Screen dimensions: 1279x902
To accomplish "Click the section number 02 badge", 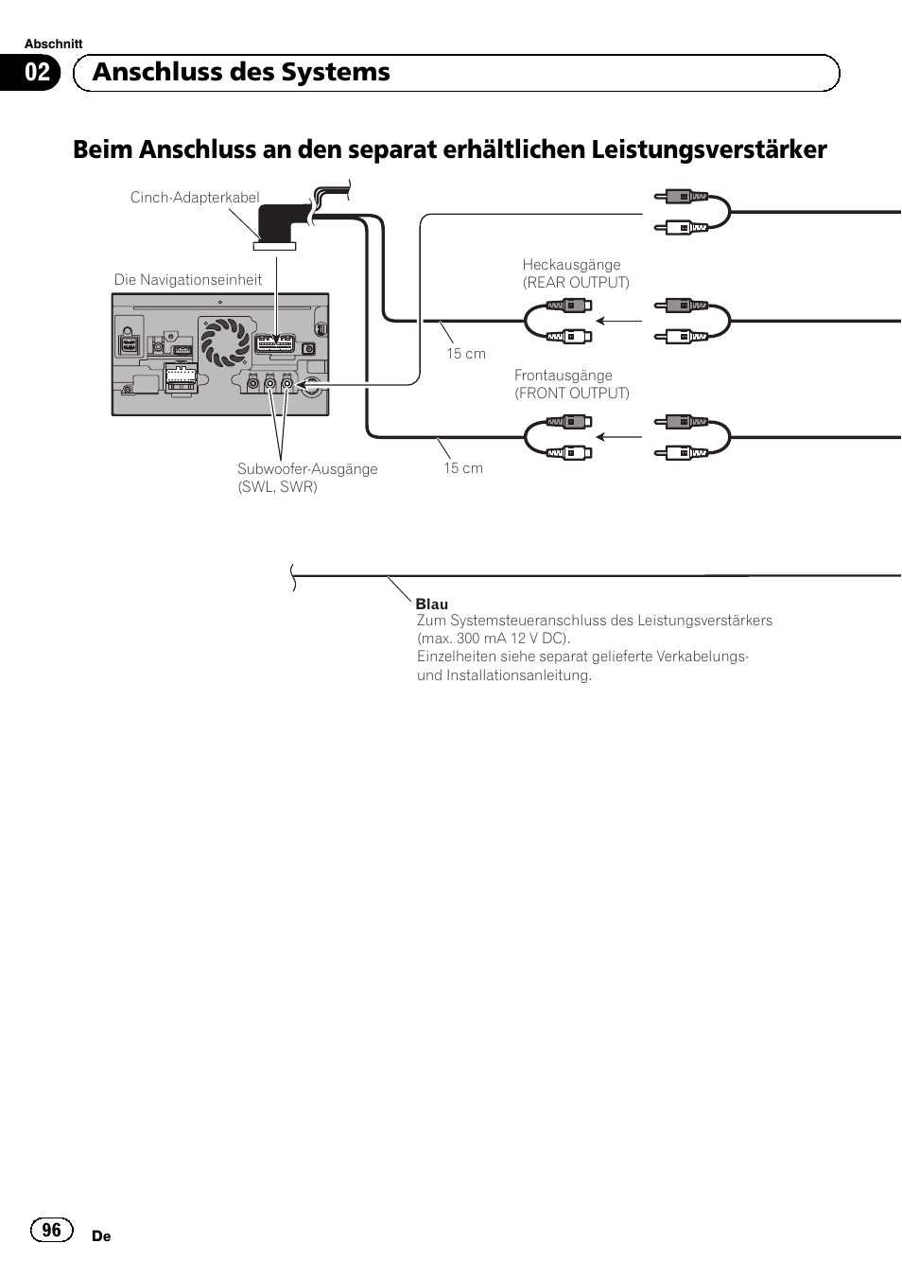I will click(x=36, y=73).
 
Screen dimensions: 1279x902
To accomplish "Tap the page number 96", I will click(x=51, y=1229).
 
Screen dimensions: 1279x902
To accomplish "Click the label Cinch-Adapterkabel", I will click(x=195, y=198).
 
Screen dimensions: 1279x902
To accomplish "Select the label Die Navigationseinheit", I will click(x=188, y=280).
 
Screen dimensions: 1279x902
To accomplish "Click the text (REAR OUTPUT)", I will click(x=576, y=283).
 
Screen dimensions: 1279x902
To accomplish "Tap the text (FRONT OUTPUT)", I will click(x=572, y=394).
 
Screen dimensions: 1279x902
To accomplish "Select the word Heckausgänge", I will click(x=571, y=265).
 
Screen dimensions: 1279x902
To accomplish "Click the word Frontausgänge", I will click(x=564, y=376).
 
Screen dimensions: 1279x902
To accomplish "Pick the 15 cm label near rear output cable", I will click(x=466, y=354).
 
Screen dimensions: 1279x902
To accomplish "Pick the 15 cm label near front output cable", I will click(x=463, y=468).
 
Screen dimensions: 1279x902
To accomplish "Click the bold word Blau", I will click(x=432, y=604).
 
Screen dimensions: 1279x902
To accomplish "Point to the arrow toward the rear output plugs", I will click(x=619, y=322).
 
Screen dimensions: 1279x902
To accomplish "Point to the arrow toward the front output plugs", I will click(x=619, y=437).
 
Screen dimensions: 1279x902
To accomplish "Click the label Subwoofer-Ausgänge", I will click(x=307, y=469).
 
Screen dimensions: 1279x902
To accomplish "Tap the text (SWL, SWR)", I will click(x=278, y=487).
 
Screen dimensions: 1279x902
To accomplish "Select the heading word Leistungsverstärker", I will click(x=709, y=149).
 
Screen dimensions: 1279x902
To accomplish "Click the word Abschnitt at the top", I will click(x=54, y=44).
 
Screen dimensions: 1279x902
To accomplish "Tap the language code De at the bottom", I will click(x=101, y=1236).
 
